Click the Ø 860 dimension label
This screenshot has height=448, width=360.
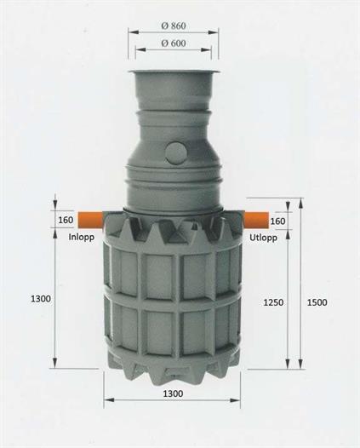pos(174,26)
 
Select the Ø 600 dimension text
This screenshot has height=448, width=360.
pos(174,43)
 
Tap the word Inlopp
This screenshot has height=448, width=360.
pos(82,237)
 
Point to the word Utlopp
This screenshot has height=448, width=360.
pos(263,237)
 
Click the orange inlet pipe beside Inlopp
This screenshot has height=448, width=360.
pos(90,220)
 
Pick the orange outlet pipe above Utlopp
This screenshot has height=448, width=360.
pos(256,220)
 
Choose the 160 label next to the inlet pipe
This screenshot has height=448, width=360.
pos(66,221)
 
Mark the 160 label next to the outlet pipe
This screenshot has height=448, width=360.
pos(277,221)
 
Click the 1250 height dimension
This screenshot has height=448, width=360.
pos(273,302)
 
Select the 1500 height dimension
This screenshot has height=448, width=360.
pos(317,302)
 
